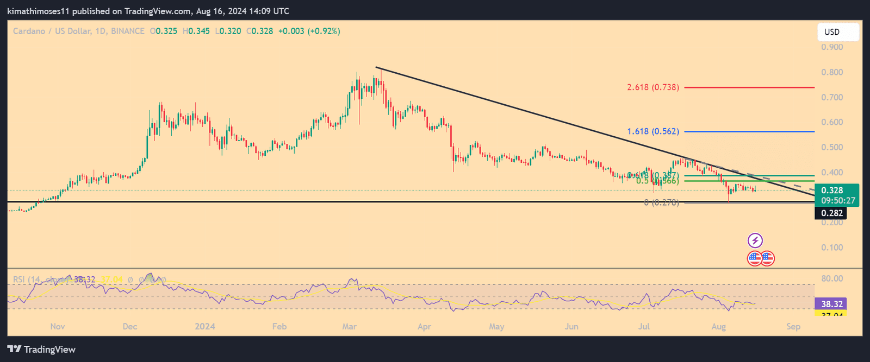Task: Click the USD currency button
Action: point(838,32)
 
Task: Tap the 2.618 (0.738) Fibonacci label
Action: point(652,87)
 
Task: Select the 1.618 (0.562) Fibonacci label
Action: point(652,132)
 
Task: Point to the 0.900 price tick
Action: point(832,47)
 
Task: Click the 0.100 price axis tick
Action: point(832,247)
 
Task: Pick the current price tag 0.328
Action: point(832,190)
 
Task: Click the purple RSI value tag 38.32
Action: point(832,304)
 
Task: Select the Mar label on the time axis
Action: point(349,327)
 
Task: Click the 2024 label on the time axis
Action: point(205,327)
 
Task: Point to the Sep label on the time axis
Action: point(793,327)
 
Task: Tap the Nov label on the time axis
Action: point(58,327)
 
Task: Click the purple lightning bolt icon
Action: point(755,240)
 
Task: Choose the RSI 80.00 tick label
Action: point(832,279)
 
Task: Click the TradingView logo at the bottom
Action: point(41,350)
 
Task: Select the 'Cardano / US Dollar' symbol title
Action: point(52,31)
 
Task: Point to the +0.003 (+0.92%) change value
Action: point(309,31)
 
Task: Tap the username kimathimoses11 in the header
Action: point(38,11)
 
